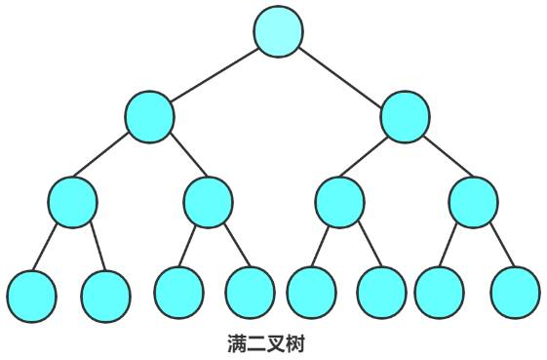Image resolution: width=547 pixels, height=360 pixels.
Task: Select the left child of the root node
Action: coord(149,117)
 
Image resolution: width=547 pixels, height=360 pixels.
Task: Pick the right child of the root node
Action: coord(404,117)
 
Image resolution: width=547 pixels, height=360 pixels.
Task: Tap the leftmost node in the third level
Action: coord(72,202)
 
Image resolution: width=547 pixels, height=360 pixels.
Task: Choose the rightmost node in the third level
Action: coord(474,203)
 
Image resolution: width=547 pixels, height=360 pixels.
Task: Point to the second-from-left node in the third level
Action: coord(208,202)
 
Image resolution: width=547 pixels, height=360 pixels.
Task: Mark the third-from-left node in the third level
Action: coord(339,203)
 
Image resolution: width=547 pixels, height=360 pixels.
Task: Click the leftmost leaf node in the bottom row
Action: coord(31,297)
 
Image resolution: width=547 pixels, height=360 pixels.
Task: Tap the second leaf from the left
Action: coord(105,297)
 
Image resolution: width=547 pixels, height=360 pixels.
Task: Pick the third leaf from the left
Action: coord(178,292)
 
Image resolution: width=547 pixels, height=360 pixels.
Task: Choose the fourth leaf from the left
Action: coord(250,292)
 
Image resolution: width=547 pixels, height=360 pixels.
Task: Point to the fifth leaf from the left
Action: coord(311,292)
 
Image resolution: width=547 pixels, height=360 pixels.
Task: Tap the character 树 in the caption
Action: coord(296,343)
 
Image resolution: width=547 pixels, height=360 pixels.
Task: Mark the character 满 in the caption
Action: coord(237,343)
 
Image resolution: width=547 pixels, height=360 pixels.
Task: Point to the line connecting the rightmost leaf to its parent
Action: coord(498,247)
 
